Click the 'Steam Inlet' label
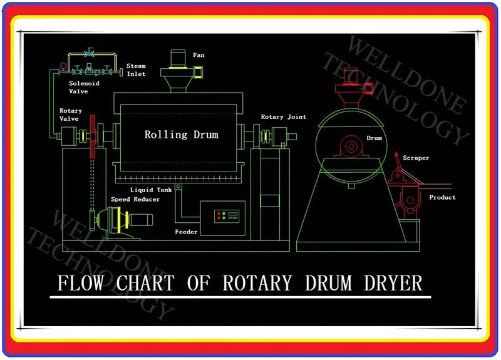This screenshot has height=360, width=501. point(136,69)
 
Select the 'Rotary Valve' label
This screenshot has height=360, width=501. point(70,115)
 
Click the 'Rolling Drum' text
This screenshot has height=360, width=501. point(182,135)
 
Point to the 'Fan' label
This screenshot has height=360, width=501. point(199,55)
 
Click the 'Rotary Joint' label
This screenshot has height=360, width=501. point(284,117)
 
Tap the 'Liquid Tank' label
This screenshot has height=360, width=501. point(151,190)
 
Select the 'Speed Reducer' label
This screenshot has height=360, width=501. point(135,200)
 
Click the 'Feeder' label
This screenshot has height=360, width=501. point(186,232)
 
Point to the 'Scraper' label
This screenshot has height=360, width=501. point(416,158)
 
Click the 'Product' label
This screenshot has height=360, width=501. point(442,198)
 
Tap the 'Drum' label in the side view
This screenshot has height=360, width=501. point(374,138)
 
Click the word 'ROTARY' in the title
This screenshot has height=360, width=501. point(257,283)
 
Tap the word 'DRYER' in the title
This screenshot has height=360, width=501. point(393,283)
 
